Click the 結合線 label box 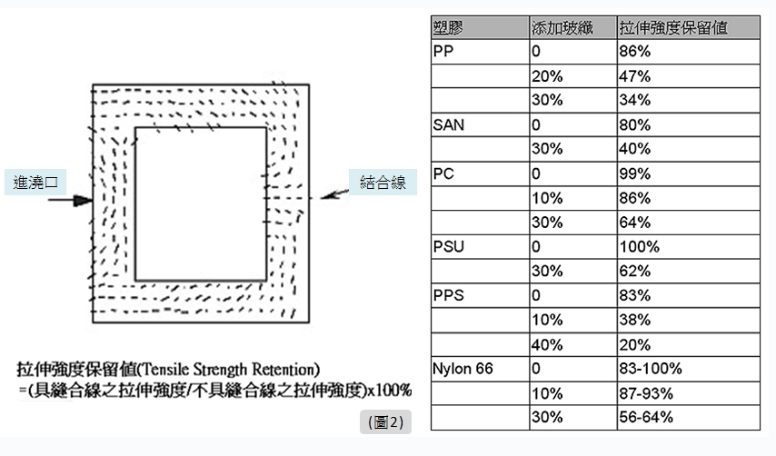(x=383, y=182)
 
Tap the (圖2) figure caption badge (x=385, y=421)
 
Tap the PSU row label (x=447, y=246)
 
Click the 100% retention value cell (x=638, y=246)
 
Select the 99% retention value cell (x=633, y=173)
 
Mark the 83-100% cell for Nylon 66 (x=650, y=369)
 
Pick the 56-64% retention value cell (x=645, y=417)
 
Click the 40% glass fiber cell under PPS (x=547, y=344)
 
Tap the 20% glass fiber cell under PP (x=547, y=76)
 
